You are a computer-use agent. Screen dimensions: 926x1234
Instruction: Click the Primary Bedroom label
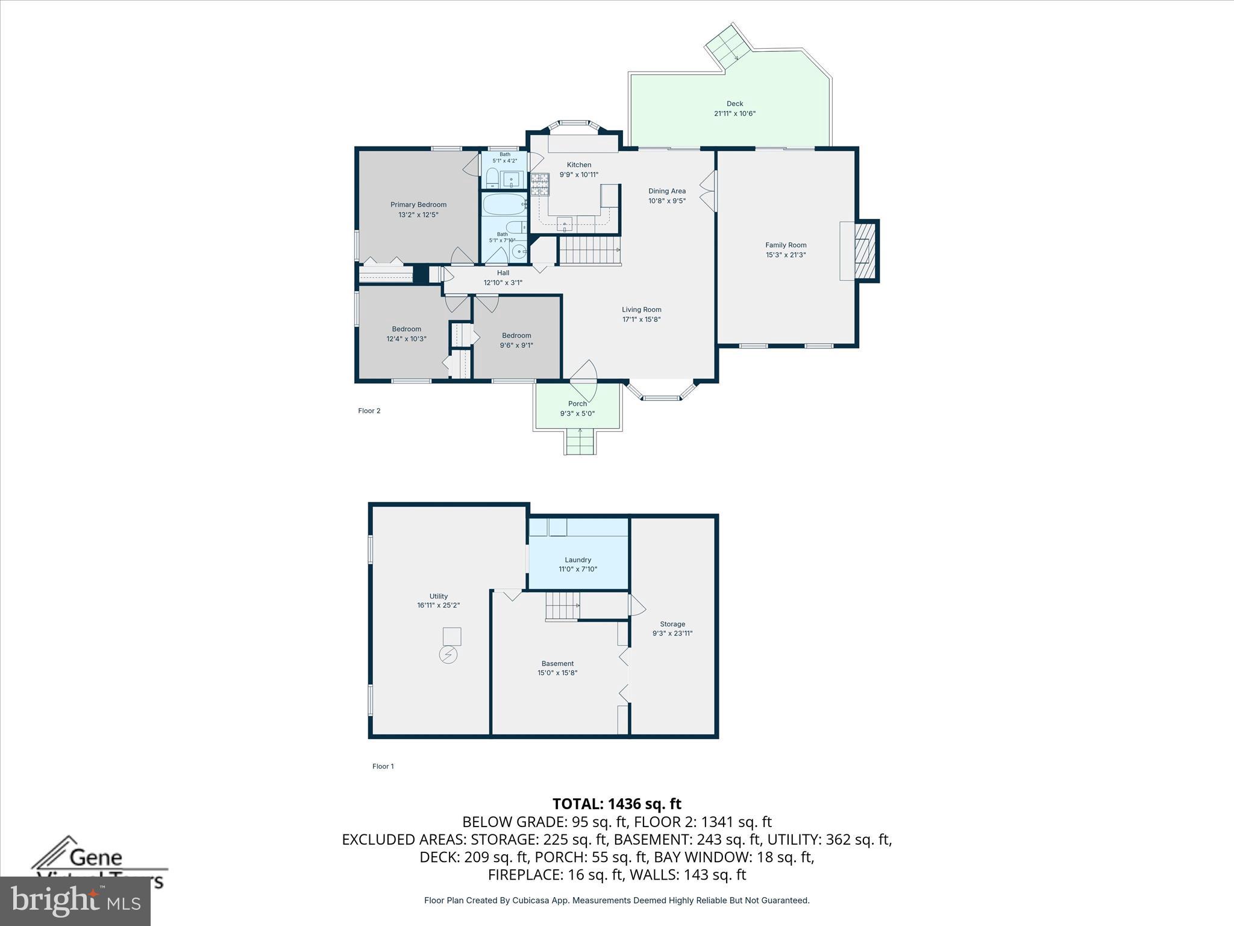pyautogui.click(x=418, y=204)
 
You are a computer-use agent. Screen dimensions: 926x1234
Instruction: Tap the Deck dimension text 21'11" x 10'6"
pyautogui.click(x=734, y=113)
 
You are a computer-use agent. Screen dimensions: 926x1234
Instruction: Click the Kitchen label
pyautogui.click(x=578, y=165)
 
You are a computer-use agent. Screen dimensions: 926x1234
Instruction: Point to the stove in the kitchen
pyautogui.click(x=540, y=184)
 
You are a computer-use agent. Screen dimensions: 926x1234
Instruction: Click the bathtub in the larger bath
pyautogui.click(x=504, y=205)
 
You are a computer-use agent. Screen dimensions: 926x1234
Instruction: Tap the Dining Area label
pyautogui.click(x=666, y=191)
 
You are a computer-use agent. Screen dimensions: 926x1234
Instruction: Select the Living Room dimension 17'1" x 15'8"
pyautogui.click(x=641, y=320)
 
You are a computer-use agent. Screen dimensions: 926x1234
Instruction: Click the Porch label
pyautogui.click(x=577, y=404)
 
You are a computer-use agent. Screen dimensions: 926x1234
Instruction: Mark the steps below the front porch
pyautogui.click(x=580, y=443)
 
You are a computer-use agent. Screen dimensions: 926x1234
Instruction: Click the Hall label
pyautogui.click(x=503, y=273)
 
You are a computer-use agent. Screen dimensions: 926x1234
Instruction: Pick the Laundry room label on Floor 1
pyautogui.click(x=577, y=559)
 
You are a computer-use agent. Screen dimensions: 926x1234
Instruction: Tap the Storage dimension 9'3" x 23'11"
pyautogui.click(x=672, y=634)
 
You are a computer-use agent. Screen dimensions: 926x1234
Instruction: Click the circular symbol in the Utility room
pyautogui.click(x=448, y=655)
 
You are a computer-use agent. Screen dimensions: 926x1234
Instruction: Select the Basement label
pyautogui.click(x=557, y=664)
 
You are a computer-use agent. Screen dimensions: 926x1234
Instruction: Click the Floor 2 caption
pyautogui.click(x=369, y=411)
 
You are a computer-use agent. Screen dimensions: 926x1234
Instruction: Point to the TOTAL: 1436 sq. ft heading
pyautogui.click(x=616, y=804)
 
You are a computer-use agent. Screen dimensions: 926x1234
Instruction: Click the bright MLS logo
pyautogui.click(x=75, y=901)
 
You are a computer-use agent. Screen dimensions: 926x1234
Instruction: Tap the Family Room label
pyautogui.click(x=785, y=245)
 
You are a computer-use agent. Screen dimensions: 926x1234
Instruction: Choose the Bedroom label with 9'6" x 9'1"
pyautogui.click(x=516, y=336)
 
